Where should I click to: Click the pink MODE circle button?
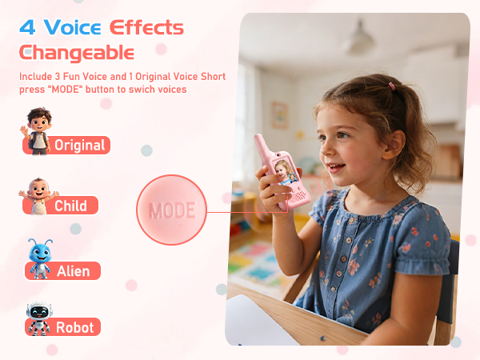171,210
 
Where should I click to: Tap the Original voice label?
79,145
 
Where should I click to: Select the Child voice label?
70,206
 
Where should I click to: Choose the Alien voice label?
73,270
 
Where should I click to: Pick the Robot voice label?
74,327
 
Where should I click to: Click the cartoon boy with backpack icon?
36,130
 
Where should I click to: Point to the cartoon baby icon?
37,197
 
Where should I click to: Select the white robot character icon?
37,318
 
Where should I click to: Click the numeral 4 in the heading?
28,27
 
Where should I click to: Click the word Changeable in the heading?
78,53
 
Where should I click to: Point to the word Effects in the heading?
146,27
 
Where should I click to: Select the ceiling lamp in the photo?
359,41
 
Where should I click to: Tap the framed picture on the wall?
279,114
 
